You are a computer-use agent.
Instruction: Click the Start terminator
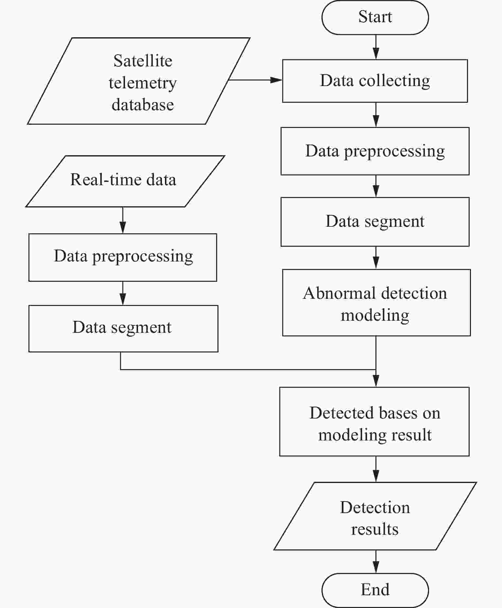tap(375, 17)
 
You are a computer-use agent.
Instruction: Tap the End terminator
tap(375, 590)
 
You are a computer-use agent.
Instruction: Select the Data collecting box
tap(375, 81)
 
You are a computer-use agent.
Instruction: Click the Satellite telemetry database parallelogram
tap(139, 81)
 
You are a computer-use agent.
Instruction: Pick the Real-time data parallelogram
tap(125, 181)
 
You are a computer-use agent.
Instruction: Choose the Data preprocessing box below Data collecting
tap(375, 151)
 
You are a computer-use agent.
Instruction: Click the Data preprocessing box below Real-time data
tap(123, 257)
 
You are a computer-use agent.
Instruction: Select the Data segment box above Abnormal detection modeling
tap(375, 222)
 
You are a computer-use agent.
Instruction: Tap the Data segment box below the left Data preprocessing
tap(123, 329)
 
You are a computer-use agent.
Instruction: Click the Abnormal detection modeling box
tap(376, 302)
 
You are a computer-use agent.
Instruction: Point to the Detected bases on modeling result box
tap(374, 421)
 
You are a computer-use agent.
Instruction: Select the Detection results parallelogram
tap(375, 516)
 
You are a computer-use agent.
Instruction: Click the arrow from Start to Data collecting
tap(376, 47)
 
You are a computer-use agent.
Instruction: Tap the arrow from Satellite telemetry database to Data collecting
tap(255, 80)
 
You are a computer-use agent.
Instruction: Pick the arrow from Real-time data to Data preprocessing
tap(123, 220)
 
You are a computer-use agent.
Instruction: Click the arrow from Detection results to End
tap(376, 562)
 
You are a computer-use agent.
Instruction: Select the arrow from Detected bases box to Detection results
tap(376, 469)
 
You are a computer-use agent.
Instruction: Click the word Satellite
tap(143, 61)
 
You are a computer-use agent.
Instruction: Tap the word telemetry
tap(143, 83)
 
